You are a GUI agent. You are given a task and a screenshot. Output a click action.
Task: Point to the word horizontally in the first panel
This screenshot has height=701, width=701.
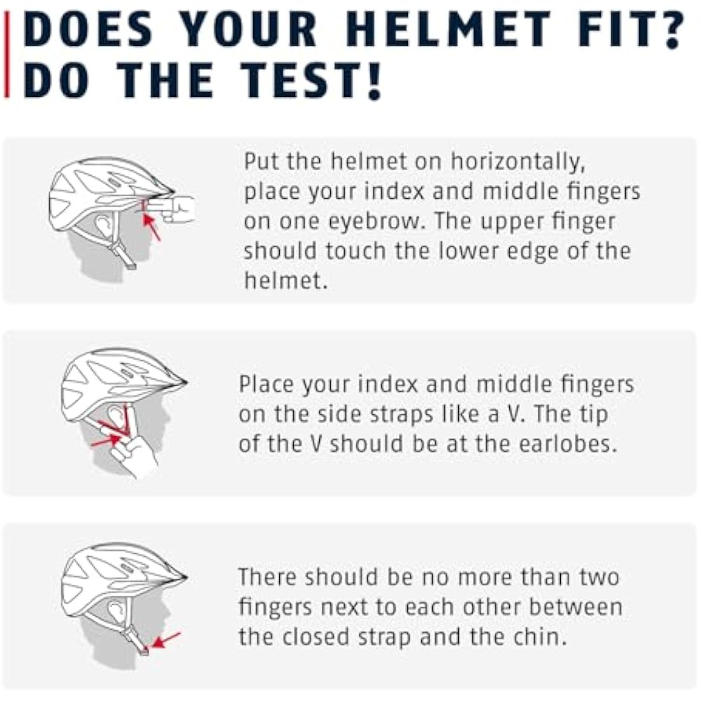coord(517,162)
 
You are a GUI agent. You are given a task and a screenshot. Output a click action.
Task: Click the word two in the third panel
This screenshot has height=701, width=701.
coord(599,577)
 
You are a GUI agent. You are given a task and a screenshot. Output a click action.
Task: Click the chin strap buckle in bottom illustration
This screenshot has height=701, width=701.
coord(145,651)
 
